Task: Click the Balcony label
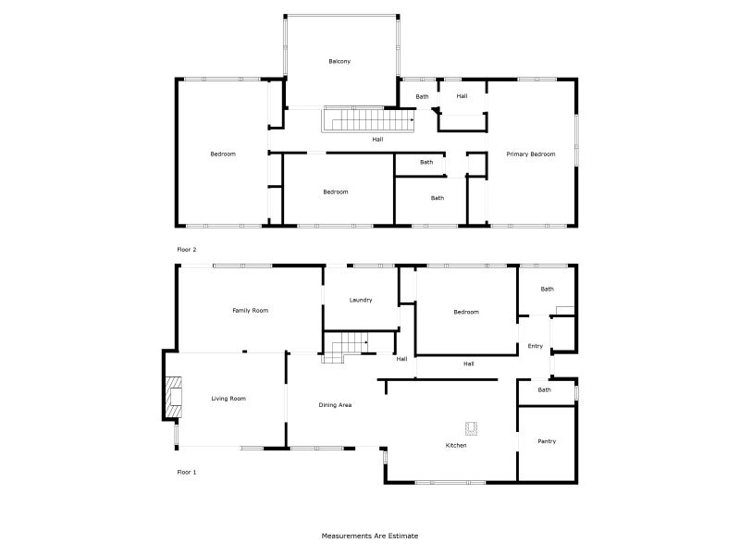click(339, 62)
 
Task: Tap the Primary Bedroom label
click(531, 154)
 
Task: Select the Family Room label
click(250, 311)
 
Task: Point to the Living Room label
click(228, 399)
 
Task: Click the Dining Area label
click(335, 405)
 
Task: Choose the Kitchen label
click(456, 446)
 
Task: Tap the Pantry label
click(547, 441)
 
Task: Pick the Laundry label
click(361, 301)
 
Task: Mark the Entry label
click(536, 347)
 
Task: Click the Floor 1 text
click(187, 472)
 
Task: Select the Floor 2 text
click(187, 250)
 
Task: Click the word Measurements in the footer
click(347, 536)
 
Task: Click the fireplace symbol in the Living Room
click(173, 398)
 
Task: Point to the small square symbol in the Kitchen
click(471, 426)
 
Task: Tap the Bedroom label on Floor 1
click(466, 312)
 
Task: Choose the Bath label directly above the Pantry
click(545, 390)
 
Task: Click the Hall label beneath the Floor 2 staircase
click(377, 140)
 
